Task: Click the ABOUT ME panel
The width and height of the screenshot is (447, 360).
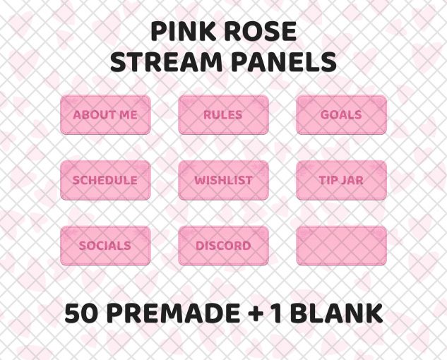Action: [x=105, y=114]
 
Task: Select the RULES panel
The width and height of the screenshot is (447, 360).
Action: [x=223, y=114]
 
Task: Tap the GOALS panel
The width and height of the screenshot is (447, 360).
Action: [x=341, y=114]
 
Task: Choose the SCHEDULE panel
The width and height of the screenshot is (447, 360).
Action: [x=105, y=180]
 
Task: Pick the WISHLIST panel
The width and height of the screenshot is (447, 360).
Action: [x=223, y=180]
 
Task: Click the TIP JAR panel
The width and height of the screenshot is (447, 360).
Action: [x=341, y=180]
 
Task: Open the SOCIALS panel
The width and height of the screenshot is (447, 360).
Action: [x=105, y=246]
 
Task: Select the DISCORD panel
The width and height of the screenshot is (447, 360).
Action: [x=223, y=246]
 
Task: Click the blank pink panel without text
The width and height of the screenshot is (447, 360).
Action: [x=341, y=246]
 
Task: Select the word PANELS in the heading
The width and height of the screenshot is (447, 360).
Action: [x=283, y=62]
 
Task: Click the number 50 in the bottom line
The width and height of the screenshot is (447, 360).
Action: [x=81, y=313]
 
